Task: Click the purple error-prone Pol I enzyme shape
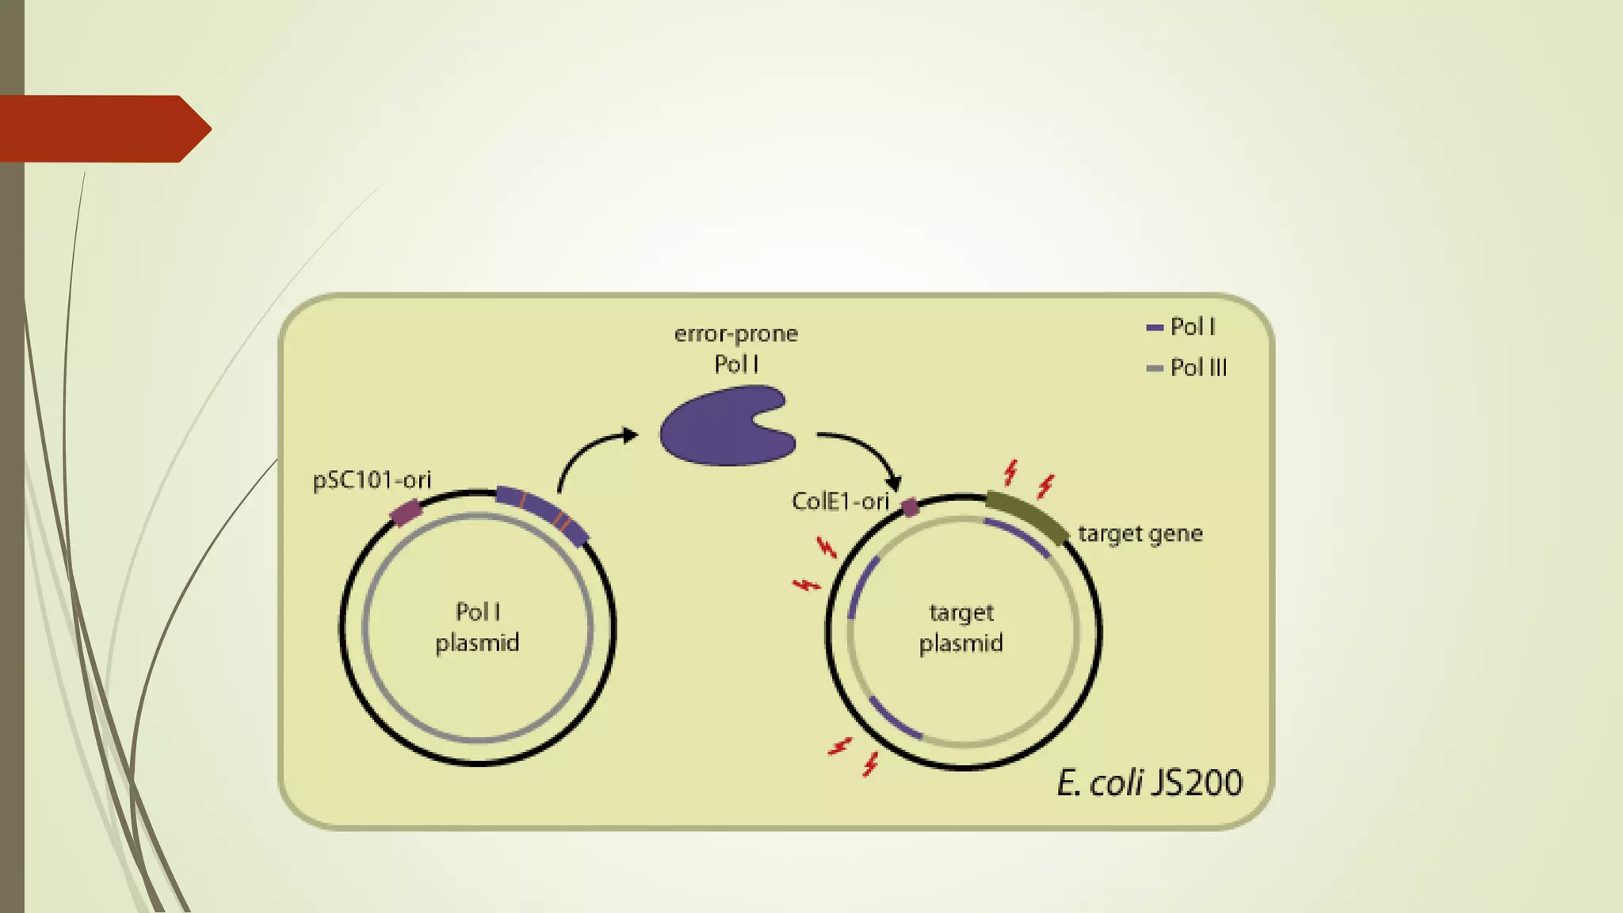[x=721, y=426]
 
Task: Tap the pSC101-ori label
[x=372, y=480]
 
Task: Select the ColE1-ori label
[x=840, y=502]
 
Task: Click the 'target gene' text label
[x=1140, y=534]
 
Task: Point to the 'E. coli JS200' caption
[x=1149, y=783]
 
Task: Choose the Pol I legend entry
[x=1182, y=327]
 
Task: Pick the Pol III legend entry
[x=1187, y=368]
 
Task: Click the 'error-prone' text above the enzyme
[x=735, y=334]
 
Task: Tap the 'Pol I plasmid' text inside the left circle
[x=477, y=627]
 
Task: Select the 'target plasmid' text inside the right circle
[x=961, y=628]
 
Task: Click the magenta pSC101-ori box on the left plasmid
[x=406, y=512]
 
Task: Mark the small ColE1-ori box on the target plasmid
[x=911, y=507]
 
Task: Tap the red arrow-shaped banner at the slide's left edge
[x=103, y=128]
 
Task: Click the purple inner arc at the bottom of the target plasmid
[x=895, y=719]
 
